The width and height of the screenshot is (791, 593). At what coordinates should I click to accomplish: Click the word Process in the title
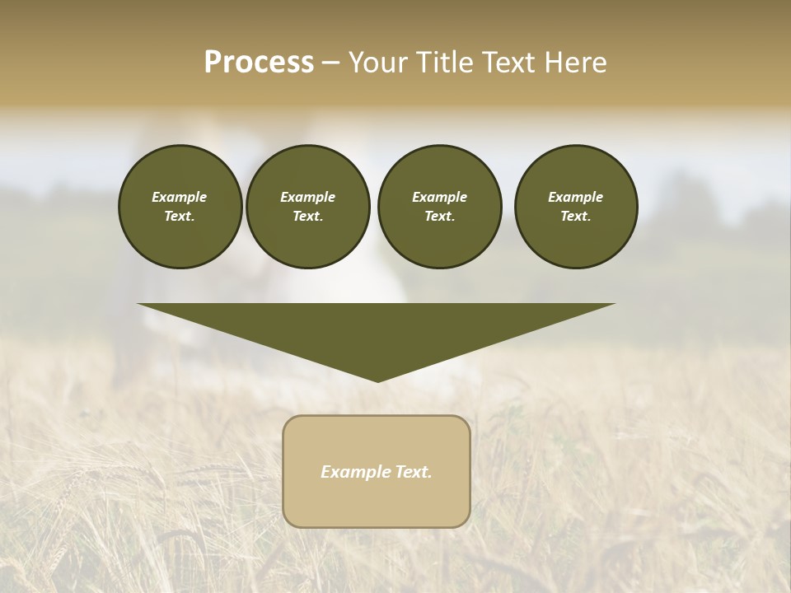pyautogui.click(x=259, y=63)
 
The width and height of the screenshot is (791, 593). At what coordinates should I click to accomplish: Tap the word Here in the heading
pyautogui.click(x=574, y=63)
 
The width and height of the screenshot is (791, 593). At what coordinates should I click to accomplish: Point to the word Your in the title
pyautogui.click(x=376, y=63)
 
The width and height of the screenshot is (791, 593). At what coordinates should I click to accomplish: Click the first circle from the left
pyautogui.click(x=180, y=207)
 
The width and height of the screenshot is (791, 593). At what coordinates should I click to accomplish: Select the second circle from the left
pyautogui.click(x=307, y=207)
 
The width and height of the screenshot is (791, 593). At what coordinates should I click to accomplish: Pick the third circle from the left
pyautogui.click(x=439, y=207)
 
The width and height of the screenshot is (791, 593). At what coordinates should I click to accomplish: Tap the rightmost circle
pyautogui.click(x=576, y=207)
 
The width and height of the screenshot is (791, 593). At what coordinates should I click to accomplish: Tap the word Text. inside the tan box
pyautogui.click(x=414, y=472)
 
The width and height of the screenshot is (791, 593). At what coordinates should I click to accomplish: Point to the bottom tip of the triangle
pyautogui.click(x=377, y=381)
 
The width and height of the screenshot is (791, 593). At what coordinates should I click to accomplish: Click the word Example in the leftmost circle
pyautogui.click(x=180, y=197)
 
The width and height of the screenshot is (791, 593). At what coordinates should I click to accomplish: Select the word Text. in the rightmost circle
pyautogui.click(x=576, y=216)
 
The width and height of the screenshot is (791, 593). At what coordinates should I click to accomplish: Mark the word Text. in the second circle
pyautogui.click(x=307, y=216)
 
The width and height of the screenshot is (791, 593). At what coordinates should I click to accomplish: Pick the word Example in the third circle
pyautogui.click(x=439, y=197)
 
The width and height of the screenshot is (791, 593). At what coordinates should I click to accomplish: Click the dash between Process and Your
pyautogui.click(x=330, y=63)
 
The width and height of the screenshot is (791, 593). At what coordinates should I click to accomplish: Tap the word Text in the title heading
pyautogui.click(x=509, y=63)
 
